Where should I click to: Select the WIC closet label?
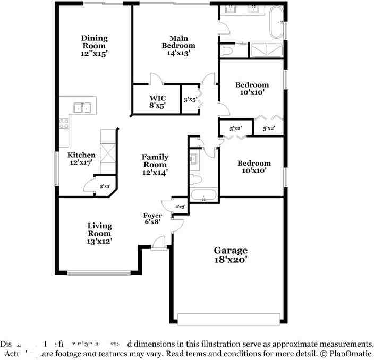click(158, 98)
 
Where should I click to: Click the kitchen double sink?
click(82, 108)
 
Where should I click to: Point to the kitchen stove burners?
click(64, 124)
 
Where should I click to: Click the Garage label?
click(231, 250)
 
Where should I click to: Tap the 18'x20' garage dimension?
click(231, 260)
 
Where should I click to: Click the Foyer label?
click(152, 216)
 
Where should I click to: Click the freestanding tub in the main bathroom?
click(276, 22)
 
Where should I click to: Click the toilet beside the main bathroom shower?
click(226, 51)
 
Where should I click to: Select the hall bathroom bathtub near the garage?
click(203, 194)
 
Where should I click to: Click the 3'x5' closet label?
click(190, 99)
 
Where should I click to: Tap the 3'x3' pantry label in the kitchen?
click(105, 186)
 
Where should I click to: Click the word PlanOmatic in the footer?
click(351, 353)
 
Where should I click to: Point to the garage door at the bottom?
click(228, 319)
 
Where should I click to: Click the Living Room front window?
click(99, 273)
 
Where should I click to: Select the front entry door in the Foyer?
click(158, 244)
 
